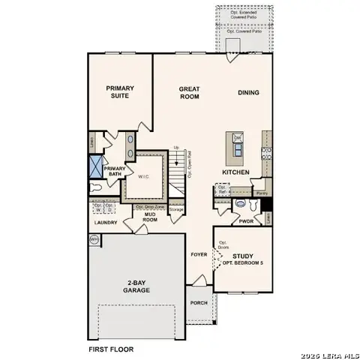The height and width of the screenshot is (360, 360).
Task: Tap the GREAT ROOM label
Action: tap(189, 92)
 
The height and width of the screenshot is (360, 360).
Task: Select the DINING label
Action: tap(248, 92)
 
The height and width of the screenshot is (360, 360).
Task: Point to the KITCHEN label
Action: tap(235, 172)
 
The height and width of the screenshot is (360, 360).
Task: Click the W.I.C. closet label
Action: tap(145, 176)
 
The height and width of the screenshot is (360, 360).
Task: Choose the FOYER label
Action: tap(198, 254)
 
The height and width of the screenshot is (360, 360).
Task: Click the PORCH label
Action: tap(199, 303)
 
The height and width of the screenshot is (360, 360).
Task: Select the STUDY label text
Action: tap(242, 256)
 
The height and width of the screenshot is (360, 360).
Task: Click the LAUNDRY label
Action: tap(106, 223)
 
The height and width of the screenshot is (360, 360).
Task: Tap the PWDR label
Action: tap(245, 221)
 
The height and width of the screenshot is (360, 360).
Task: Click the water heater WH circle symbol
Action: tap(94, 239)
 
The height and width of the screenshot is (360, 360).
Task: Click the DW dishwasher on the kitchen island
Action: tap(237, 138)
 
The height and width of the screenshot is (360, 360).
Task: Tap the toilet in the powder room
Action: tap(241, 203)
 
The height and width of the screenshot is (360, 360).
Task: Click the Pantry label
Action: tap(261, 193)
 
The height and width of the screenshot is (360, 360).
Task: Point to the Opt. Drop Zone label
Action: tap(150, 206)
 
